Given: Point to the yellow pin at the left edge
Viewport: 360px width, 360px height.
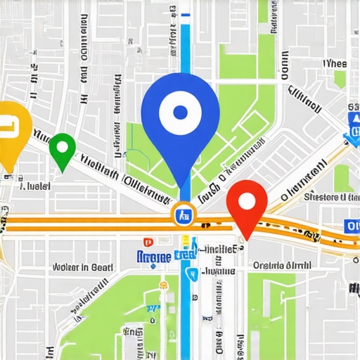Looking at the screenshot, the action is point(10,134).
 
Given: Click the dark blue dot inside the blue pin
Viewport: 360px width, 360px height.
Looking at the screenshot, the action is point(181,112).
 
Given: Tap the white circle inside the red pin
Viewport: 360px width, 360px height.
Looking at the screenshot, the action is point(246,200).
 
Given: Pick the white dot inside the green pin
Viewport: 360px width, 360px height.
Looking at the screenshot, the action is point(62,147).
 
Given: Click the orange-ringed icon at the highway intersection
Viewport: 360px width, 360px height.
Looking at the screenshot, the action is point(182,214).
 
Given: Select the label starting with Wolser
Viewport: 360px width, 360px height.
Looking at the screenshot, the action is point(83,267).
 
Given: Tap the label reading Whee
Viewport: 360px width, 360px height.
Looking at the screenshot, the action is point(335,63).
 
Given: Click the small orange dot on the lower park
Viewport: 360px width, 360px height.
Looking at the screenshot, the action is point(163,285).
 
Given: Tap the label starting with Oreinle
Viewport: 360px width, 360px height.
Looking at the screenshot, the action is point(281,266).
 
